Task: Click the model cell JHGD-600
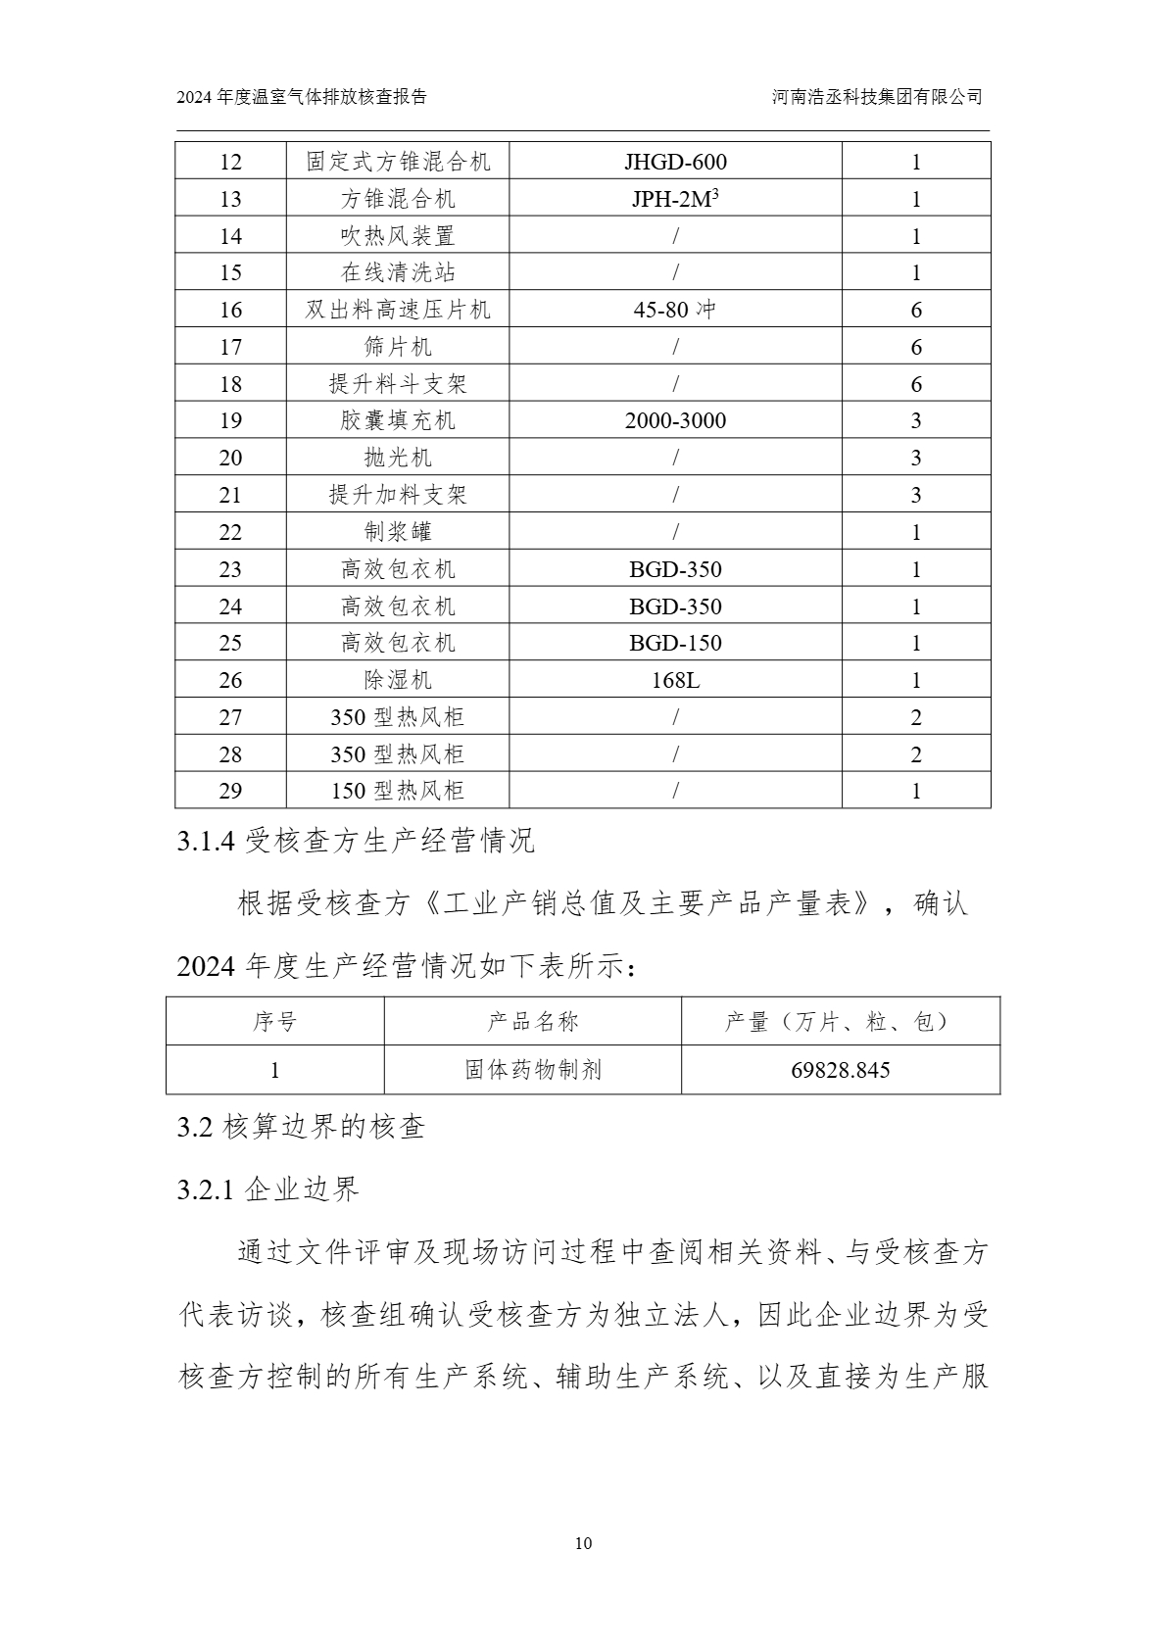coord(675,162)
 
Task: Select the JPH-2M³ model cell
coord(675,199)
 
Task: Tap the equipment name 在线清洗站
coord(398,272)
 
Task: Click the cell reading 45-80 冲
coord(675,310)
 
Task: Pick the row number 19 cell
coord(230,421)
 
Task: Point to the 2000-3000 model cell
coord(675,421)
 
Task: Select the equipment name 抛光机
coord(398,458)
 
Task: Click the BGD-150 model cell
coord(675,643)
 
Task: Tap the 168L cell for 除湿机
coord(675,680)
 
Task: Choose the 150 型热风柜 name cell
coord(398,791)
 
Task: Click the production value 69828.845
coord(840,1070)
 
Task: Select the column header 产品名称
coord(533,1022)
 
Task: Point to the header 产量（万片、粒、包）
coord(840,1022)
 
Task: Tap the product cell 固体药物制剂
coord(533,1070)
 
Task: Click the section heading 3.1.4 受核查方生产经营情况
coord(356,841)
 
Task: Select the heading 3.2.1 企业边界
coord(268,1189)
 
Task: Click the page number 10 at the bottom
coord(583,1544)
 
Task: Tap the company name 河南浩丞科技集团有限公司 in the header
coord(877,97)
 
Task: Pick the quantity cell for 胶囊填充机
coord(916,421)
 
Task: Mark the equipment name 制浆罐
coord(398,532)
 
